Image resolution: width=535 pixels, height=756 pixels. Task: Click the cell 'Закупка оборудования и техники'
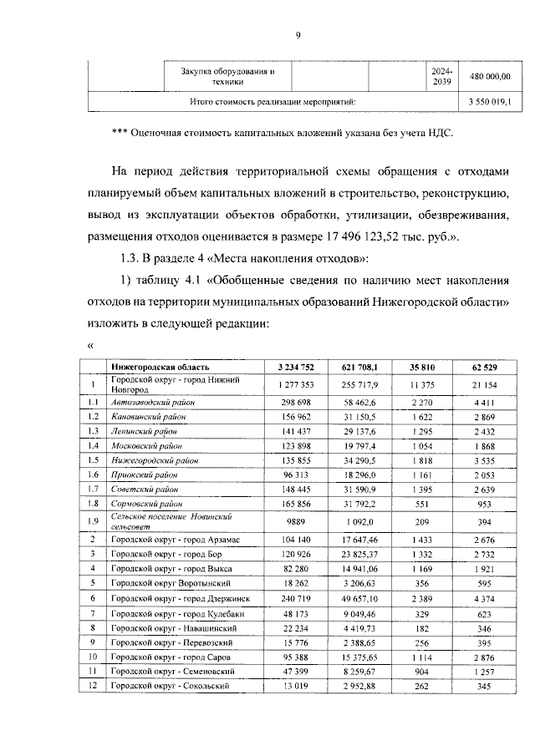(227, 76)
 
